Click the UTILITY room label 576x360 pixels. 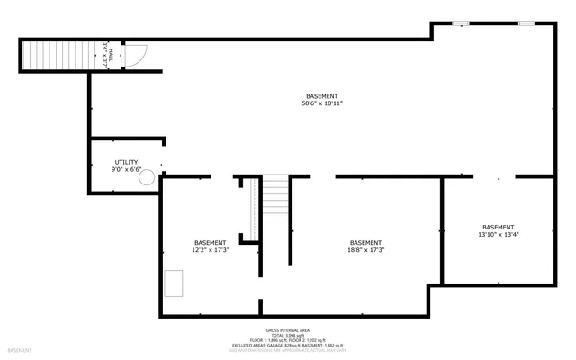126,162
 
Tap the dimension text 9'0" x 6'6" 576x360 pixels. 126,169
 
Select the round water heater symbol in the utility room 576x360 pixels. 146,178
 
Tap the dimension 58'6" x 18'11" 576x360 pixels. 322,103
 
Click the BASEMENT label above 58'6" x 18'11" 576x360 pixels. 322,96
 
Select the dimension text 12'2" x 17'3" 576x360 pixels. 211,250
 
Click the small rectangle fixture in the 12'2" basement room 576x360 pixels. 174,284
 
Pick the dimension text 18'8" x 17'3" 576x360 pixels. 365,250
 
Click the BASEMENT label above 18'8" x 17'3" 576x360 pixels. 365,243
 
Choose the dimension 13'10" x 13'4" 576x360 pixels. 499,235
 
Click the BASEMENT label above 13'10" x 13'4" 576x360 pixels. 499,227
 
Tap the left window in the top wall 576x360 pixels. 461,22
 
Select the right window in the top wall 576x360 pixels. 527,22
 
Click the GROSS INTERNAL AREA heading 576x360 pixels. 288,330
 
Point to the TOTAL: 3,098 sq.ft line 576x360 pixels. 288,336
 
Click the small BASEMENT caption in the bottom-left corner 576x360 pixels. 20,350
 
